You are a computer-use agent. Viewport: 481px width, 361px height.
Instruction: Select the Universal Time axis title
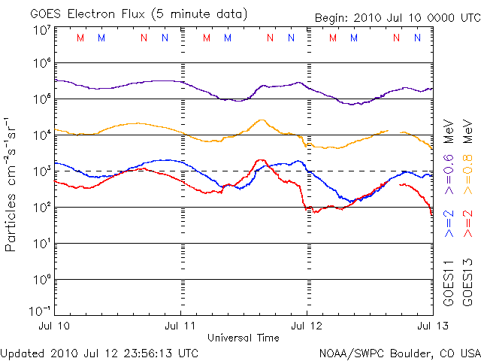(x=244, y=338)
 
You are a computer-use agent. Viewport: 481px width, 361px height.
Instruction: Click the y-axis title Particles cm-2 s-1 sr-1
(x=13, y=184)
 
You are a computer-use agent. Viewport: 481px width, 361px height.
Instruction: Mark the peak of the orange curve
(x=261, y=120)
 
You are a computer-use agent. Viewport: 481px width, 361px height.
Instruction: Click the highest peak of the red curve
(x=261, y=159)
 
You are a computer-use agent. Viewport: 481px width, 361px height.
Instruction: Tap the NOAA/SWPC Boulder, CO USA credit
(x=399, y=352)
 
